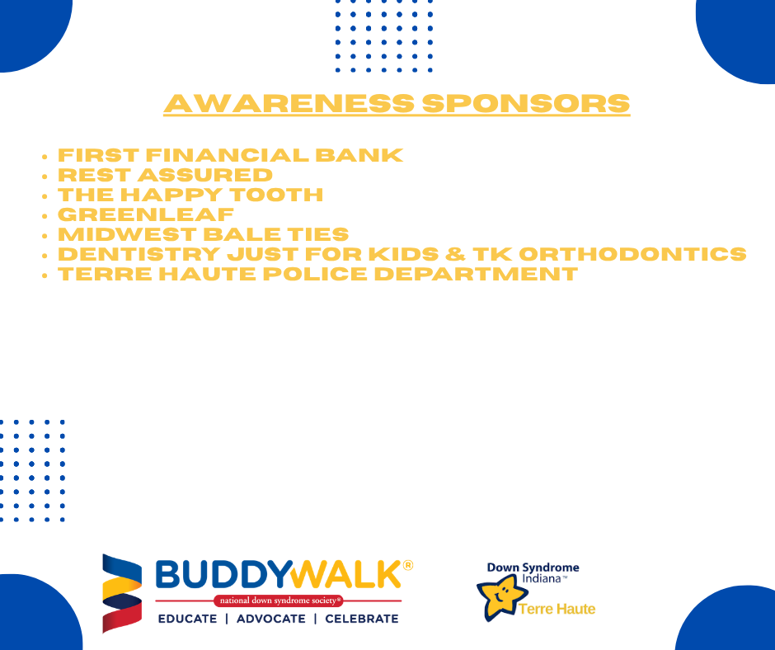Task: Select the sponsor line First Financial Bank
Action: coord(230,155)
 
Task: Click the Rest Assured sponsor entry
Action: coord(165,175)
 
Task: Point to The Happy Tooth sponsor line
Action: coord(190,195)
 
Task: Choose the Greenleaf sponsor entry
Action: coord(145,214)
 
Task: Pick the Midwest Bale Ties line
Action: coord(203,234)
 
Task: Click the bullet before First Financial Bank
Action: coord(45,157)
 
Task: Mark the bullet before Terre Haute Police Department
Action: coord(45,276)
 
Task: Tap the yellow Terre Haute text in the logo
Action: coord(557,610)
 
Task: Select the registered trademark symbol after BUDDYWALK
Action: coord(408,565)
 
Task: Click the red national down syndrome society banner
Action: coord(278,601)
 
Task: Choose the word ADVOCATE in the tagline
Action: coord(270,619)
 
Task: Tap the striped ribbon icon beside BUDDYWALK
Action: coord(121,592)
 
